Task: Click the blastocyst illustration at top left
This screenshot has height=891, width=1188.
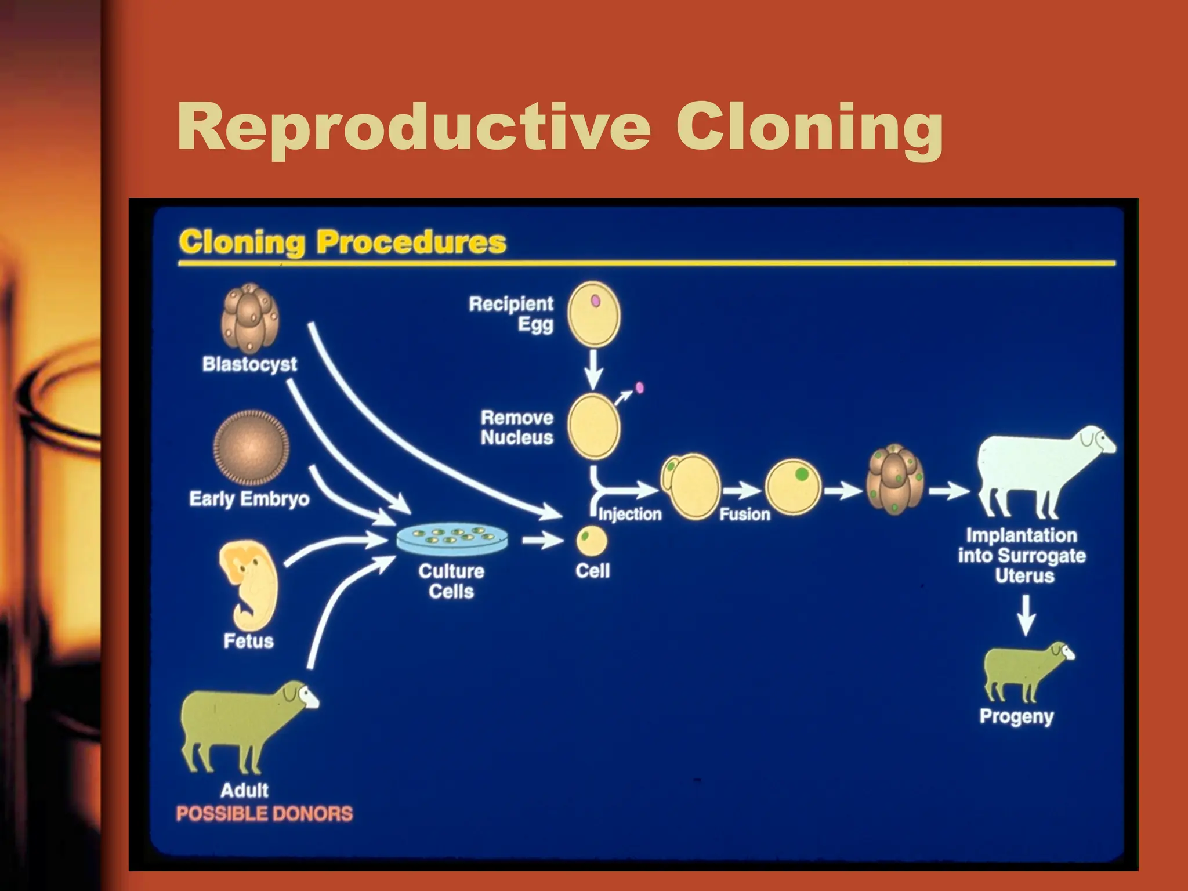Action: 250,318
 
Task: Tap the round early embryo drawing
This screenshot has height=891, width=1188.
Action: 251,448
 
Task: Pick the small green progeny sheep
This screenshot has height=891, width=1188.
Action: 1024,670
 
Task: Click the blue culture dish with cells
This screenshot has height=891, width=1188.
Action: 452,539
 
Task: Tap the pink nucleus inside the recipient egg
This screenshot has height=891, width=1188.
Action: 595,300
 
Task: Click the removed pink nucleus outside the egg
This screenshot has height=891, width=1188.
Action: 639,387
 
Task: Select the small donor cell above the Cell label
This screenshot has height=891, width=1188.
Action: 592,541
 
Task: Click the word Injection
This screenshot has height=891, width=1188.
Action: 630,514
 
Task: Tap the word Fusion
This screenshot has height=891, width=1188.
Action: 745,514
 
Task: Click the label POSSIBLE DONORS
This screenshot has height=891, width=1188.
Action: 265,814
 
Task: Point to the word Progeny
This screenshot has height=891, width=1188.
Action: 1016,716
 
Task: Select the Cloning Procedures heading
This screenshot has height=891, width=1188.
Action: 342,242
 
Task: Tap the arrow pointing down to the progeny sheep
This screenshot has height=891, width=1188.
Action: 1026,615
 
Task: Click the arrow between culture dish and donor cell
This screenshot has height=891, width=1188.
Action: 542,541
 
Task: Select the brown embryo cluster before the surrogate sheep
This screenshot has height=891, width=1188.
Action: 894,480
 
